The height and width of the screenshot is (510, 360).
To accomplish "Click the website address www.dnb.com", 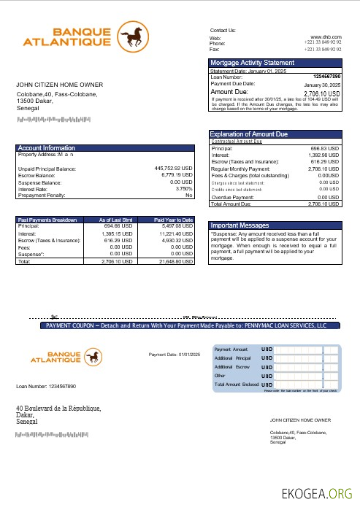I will (325, 36).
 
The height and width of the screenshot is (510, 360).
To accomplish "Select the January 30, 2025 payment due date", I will (322, 85).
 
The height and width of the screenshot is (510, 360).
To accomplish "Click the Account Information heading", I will (46, 148).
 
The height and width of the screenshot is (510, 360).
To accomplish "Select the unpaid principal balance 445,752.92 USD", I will (173, 169).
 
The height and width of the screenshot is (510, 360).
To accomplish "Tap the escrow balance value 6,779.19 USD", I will (175, 176).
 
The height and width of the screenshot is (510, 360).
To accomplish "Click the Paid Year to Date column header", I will (173, 220).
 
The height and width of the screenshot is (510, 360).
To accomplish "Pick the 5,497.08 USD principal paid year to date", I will (176, 226).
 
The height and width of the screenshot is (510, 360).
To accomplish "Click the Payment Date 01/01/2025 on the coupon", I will (174, 355).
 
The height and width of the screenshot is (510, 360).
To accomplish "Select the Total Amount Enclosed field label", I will (236, 384).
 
